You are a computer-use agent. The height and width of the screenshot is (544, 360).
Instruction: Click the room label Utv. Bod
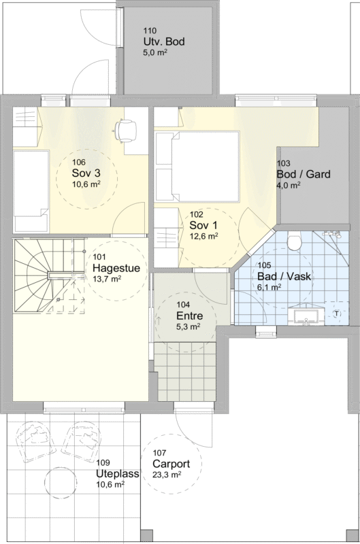(x=164, y=41)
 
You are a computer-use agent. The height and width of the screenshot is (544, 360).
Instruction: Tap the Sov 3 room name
(x=86, y=173)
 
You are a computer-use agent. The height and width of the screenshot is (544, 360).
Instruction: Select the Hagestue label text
(x=116, y=268)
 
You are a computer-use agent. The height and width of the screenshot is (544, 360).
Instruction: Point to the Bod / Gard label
(x=304, y=174)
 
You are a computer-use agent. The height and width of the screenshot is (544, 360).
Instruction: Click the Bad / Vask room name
(x=284, y=277)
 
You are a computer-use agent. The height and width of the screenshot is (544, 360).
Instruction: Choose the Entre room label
(x=190, y=316)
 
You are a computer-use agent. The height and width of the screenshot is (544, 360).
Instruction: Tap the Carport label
(x=171, y=464)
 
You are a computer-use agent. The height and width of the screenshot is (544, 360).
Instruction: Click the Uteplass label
(x=118, y=473)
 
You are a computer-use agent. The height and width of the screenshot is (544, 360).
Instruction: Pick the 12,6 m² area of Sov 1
(x=203, y=236)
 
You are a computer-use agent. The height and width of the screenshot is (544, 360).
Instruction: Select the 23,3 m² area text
(x=166, y=475)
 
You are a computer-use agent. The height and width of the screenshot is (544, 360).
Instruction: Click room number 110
(x=150, y=31)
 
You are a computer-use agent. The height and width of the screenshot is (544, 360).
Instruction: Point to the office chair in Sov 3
(x=125, y=131)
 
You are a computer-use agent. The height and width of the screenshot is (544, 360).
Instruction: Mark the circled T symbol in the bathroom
(x=336, y=314)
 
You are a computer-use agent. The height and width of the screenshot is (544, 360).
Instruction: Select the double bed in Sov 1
(x=197, y=166)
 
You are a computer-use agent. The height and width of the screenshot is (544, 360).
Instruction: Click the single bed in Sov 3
(x=31, y=191)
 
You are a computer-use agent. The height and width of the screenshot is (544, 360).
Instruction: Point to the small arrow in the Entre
(x=159, y=320)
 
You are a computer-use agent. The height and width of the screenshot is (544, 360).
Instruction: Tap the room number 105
(x=264, y=266)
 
